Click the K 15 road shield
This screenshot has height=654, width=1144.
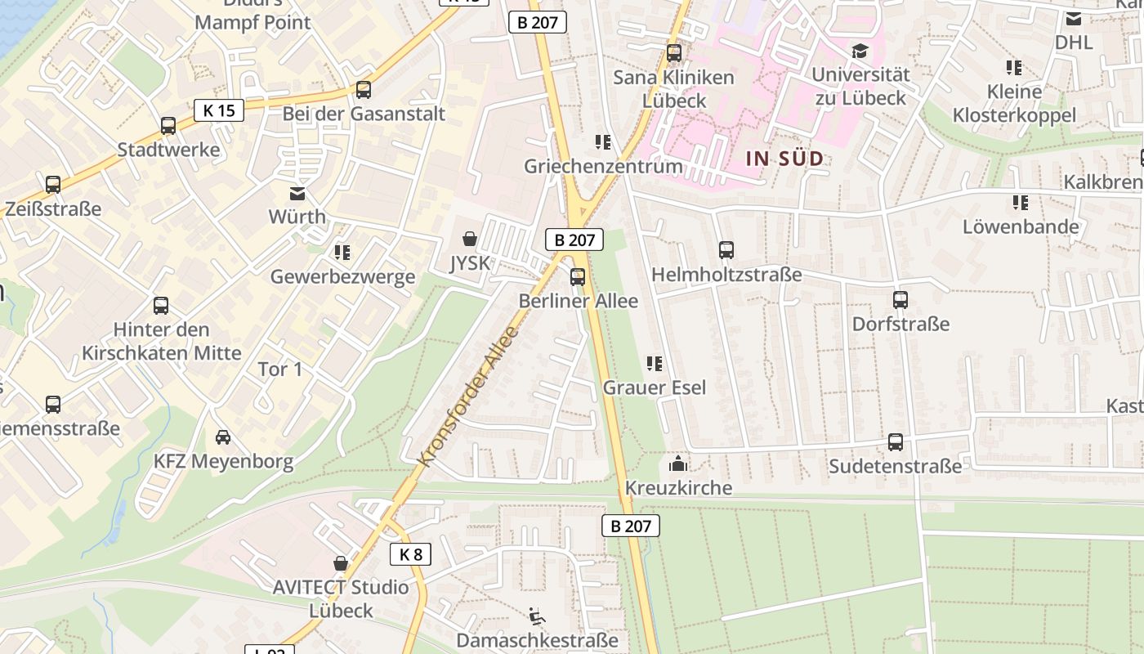click(x=219, y=110)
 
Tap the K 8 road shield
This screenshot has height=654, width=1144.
click(x=410, y=554)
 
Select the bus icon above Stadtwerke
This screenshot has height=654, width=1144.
click(x=168, y=126)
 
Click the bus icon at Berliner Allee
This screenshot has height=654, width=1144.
click(x=578, y=277)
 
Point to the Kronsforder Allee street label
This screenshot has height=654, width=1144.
click(x=468, y=396)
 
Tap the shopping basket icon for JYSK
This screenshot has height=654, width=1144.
click(x=470, y=239)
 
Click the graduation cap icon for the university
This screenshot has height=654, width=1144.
click(x=860, y=52)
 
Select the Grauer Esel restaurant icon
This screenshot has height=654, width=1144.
click(x=654, y=363)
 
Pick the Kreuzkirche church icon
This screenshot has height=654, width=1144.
click(x=677, y=464)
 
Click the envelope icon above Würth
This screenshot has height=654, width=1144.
click(x=297, y=194)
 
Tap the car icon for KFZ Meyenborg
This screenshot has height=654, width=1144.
click(x=222, y=437)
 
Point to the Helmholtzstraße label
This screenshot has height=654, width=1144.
click(x=726, y=275)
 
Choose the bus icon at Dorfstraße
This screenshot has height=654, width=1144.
click(x=900, y=300)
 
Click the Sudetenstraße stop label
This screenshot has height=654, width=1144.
click(x=895, y=466)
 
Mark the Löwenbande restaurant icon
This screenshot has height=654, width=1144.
click(x=1020, y=202)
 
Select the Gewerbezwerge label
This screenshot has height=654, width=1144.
click(x=342, y=276)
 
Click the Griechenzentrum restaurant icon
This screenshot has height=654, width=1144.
click(x=603, y=142)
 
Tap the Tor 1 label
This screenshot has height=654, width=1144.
click(x=280, y=369)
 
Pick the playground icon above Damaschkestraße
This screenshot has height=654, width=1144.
click(x=536, y=616)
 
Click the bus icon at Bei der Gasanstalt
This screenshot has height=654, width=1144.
click(x=364, y=90)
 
